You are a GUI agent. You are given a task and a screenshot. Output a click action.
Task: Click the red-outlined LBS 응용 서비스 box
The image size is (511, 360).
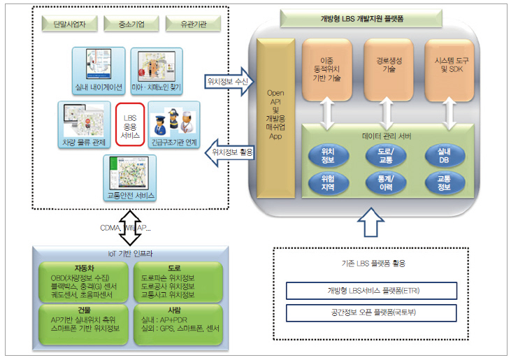(x=130, y=126)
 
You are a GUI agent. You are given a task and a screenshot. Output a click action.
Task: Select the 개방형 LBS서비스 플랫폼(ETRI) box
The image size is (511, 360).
(x=371, y=290)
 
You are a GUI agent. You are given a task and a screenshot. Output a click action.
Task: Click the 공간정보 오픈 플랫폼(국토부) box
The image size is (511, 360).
(x=371, y=312)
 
